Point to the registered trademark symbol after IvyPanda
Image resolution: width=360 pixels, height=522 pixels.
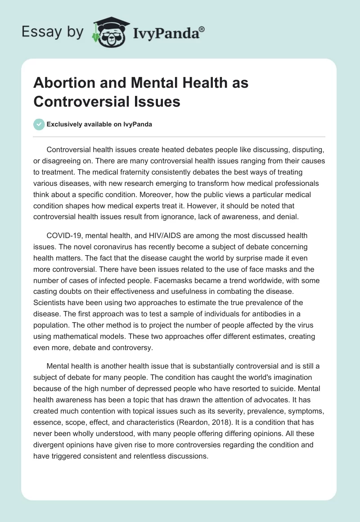(x=202, y=29)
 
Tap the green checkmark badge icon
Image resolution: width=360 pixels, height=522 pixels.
(x=39, y=125)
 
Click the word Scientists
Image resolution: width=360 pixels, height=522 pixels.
(x=53, y=302)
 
